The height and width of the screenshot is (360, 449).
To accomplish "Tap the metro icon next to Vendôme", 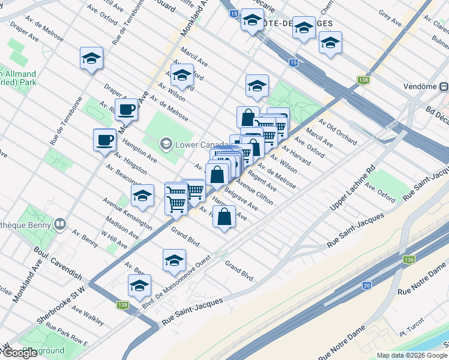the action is click(444, 86).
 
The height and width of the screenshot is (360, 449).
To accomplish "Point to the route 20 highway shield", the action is click(366, 285).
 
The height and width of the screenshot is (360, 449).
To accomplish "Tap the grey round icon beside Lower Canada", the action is click(165, 144).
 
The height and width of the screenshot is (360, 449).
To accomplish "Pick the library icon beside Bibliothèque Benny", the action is click(59, 224).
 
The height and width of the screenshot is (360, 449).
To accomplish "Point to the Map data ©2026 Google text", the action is click(412, 355).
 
